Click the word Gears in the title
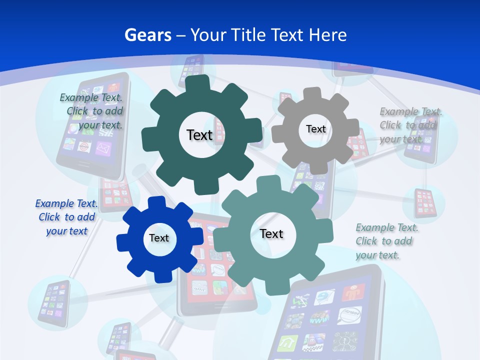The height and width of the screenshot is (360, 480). click(147, 35)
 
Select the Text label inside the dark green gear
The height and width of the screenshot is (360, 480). click(199, 135)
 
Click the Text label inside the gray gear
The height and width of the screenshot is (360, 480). click(315, 129)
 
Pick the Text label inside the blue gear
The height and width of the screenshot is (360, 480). click(159, 238)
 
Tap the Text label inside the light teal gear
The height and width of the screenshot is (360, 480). click(271, 233)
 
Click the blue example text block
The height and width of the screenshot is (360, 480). click(66, 217)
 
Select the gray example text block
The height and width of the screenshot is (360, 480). click(410, 125)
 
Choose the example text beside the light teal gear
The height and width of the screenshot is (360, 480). click(386, 241)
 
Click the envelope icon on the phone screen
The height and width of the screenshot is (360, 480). click(102, 148)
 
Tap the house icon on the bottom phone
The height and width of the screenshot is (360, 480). click(288, 342)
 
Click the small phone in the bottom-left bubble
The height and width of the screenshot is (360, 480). click(52, 301)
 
